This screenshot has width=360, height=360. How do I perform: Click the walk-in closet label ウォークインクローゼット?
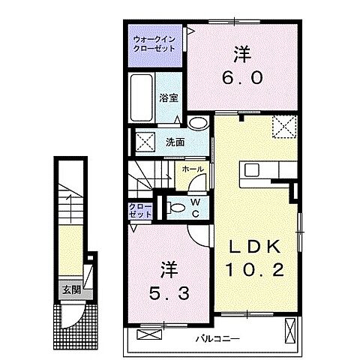154,43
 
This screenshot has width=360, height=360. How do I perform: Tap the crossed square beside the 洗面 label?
145,139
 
